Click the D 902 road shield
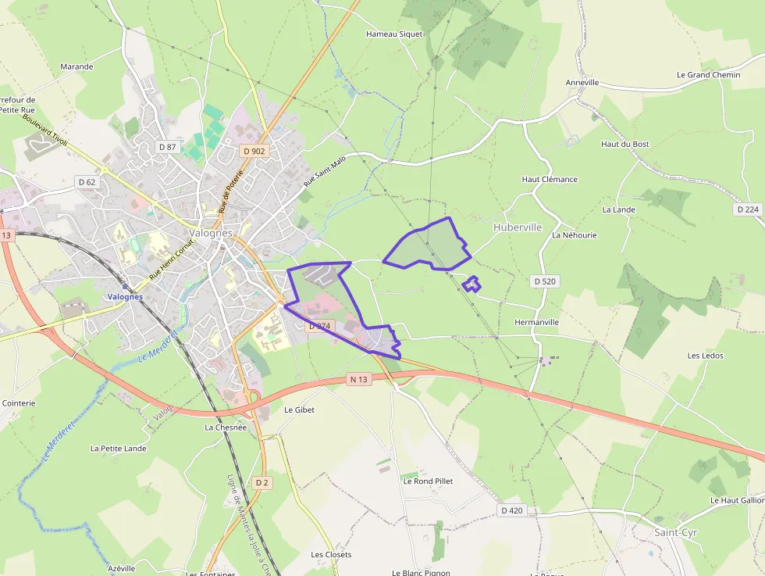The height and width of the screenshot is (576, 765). click(x=254, y=151)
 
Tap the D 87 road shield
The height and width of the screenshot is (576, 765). click(x=167, y=146)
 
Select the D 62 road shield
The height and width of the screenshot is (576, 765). click(x=87, y=182)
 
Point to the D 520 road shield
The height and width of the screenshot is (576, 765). click(x=545, y=281)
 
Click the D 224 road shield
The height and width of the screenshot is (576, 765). click(x=748, y=209)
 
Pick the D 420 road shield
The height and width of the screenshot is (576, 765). click(x=512, y=510)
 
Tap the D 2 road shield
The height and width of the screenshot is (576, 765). click(x=262, y=483)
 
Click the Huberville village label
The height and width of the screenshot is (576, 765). click(x=518, y=227)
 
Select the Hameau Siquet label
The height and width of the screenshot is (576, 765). click(x=394, y=34)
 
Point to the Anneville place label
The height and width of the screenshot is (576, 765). click(x=582, y=82)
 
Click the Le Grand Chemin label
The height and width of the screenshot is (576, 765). click(x=709, y=75)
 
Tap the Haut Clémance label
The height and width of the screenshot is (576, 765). click(x=550, y=180)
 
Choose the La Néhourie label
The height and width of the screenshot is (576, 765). click(x=575, y=235)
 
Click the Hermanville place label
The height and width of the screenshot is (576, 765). click(x=537, y=322)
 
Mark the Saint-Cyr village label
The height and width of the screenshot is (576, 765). click(x=676, y=533)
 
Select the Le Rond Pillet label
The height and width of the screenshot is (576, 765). click(x=428, y=481)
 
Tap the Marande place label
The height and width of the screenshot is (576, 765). click(x=76, y=67)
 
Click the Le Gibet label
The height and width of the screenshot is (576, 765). click(x=299, y=410)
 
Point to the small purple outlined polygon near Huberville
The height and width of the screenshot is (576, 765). click(x=471, y=284)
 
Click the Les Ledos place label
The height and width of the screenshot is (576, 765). click(x=705, y=356)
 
